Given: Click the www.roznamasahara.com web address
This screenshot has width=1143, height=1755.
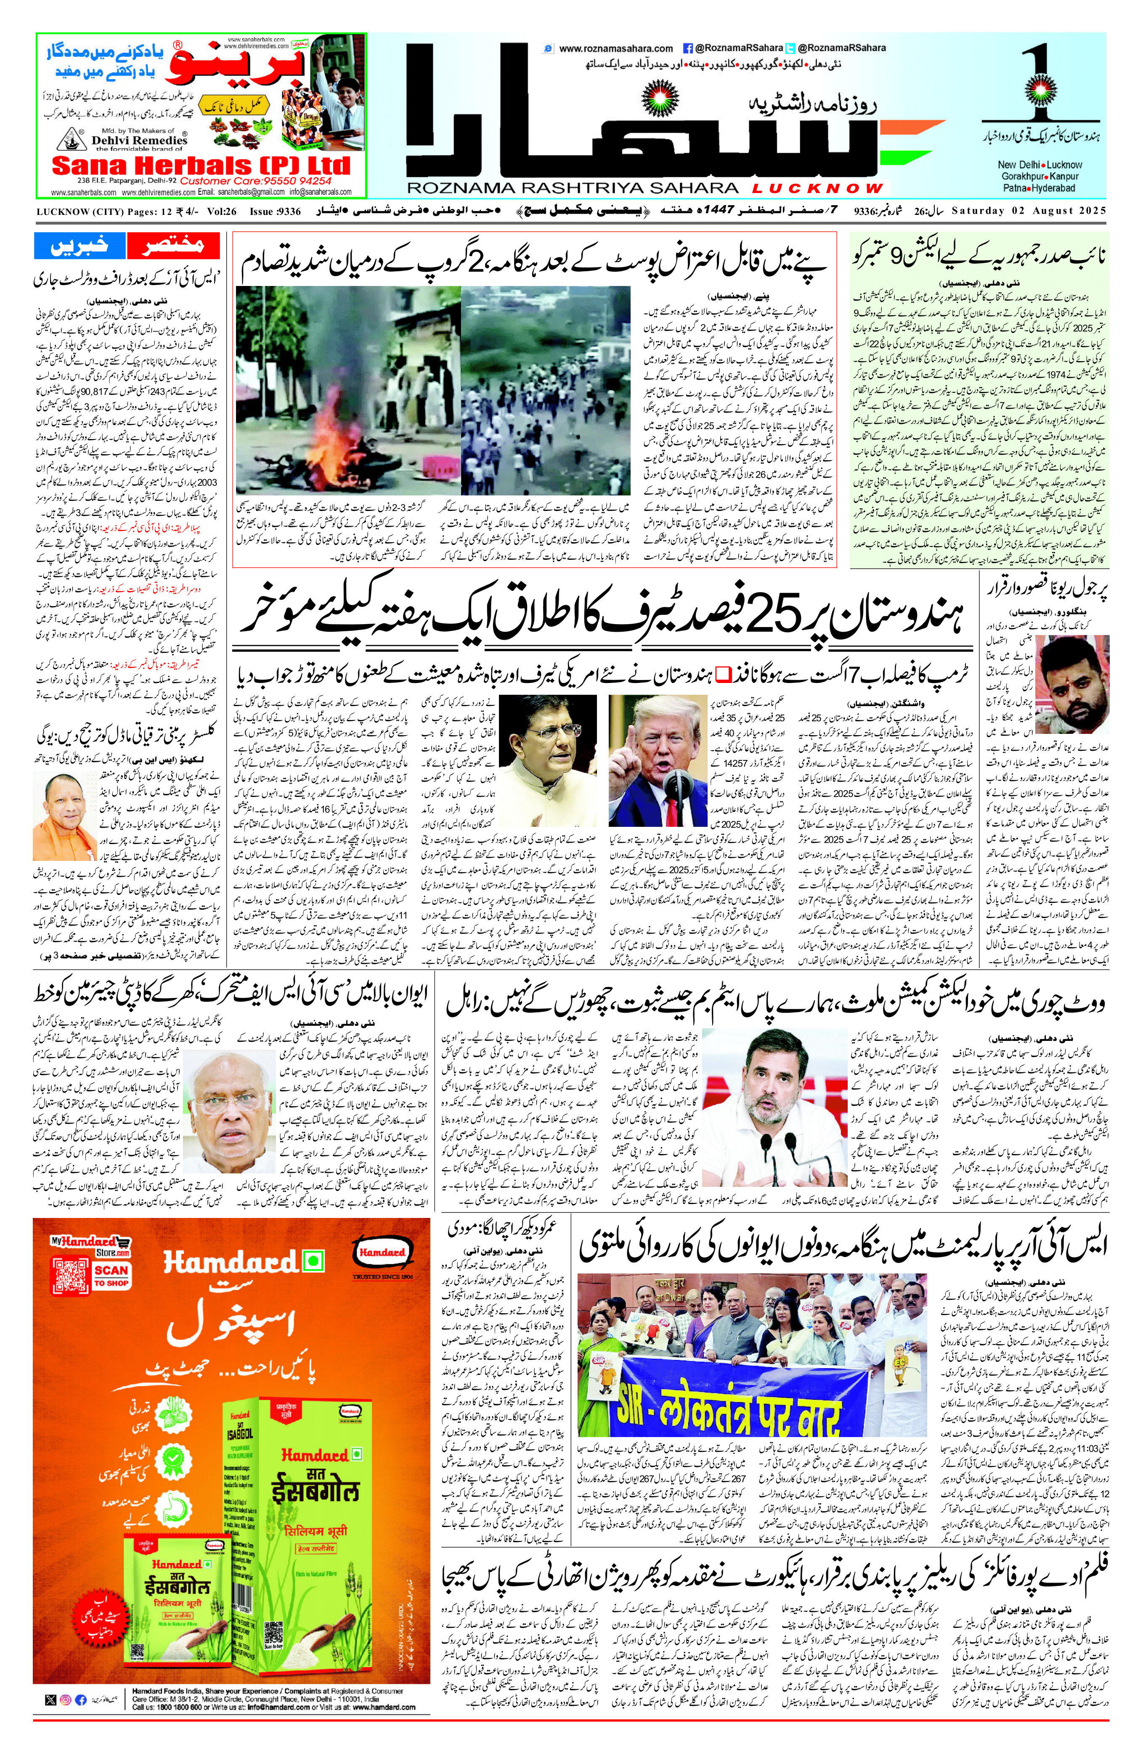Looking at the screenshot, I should [x=616, y=49].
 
